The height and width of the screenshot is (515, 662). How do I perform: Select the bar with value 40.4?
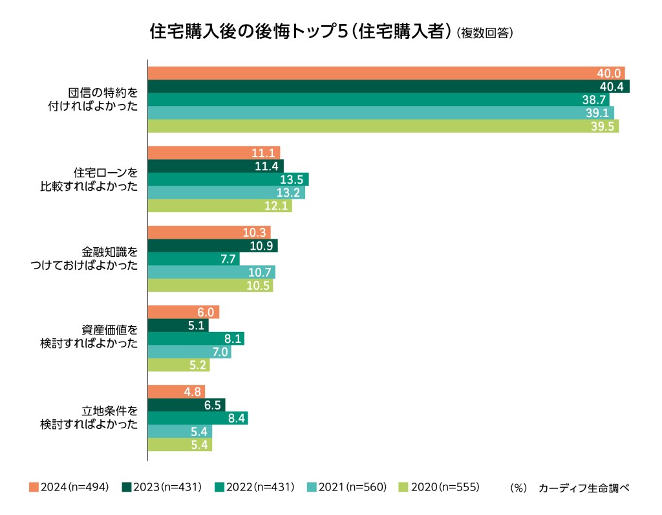388,87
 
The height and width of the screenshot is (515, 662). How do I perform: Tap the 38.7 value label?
594,100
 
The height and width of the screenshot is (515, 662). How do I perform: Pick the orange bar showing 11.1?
213,153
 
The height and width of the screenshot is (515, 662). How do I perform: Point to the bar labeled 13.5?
228,179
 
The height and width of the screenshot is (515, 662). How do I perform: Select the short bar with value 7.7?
193,259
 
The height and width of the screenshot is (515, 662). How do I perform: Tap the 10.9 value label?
262,246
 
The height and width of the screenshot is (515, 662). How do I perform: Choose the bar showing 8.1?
196,338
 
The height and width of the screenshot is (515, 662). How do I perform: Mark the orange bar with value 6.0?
184,312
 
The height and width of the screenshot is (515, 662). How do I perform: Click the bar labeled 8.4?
198,418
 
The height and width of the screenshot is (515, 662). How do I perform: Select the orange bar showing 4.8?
176,391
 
